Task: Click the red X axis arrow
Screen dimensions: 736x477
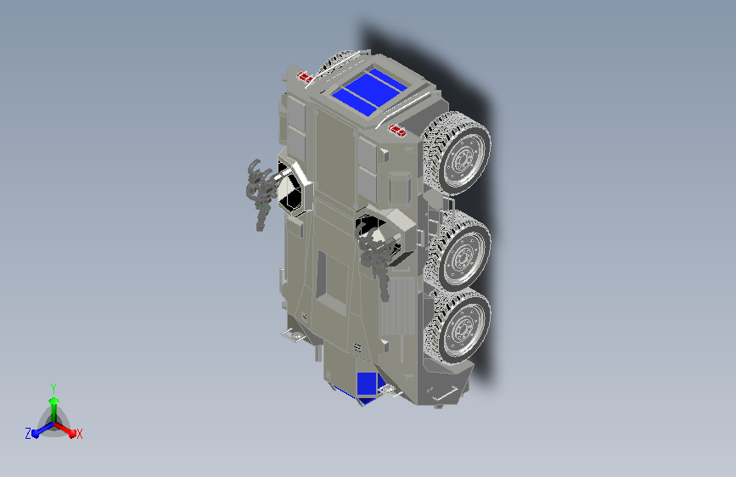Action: point(65,429)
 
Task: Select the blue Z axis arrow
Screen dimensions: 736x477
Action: point(43,429)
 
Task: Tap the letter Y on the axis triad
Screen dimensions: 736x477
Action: point(53,388)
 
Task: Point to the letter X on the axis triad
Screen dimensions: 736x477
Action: point(79,435)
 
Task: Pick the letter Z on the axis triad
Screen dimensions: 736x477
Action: point(28,434)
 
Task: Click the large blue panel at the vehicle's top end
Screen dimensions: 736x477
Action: point(369,92)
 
